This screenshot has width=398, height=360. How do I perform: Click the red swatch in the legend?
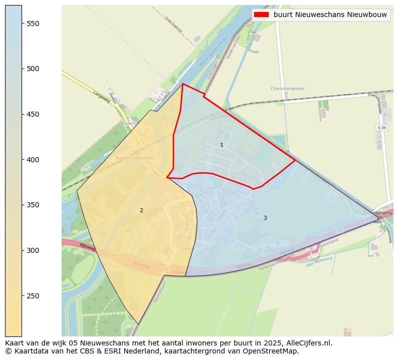[261, 15]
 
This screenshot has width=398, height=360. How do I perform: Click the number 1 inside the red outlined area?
[222, 145]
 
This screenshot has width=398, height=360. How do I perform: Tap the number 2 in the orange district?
[141, 210]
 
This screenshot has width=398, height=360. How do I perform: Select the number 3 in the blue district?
[265, 218]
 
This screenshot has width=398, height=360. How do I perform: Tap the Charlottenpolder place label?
[287, 89]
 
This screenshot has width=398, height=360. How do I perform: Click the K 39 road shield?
[381, 128]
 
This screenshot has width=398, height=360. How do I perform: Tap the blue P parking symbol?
[278, 244]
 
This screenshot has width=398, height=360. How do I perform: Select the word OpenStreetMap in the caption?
[274, 351]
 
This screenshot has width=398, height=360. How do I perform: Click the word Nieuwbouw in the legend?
[367, 15]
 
